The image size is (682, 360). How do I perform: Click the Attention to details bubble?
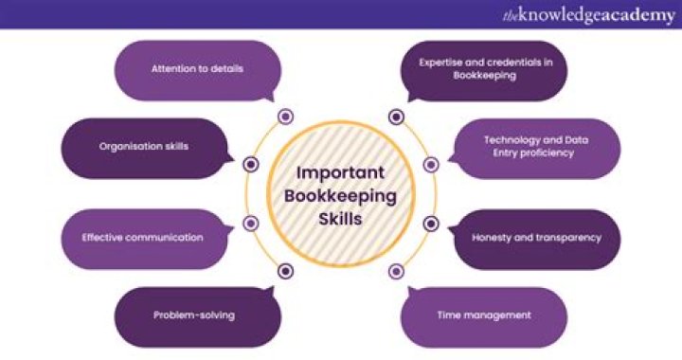coord(198,70)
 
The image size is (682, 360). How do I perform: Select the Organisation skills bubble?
coord(144,147)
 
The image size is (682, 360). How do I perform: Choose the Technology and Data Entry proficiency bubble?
coord(536,147)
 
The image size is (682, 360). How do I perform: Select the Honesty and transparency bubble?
coord(536,238)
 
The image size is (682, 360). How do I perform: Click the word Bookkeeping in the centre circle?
coord(340,195)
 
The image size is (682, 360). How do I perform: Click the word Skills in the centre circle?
coord(340,219)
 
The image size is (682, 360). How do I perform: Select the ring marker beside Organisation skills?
coord(251,164)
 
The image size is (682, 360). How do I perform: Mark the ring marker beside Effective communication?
coord(251,224)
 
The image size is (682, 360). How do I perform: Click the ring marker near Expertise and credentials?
coord(396,117)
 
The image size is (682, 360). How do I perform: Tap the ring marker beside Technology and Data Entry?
coord(431,164)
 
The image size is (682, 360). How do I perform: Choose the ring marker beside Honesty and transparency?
coord(431,224)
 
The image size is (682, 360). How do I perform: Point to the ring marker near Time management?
coord(396,271)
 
